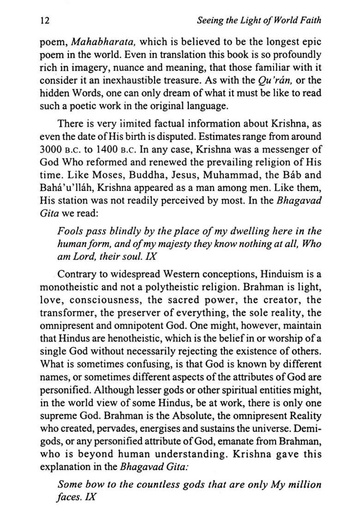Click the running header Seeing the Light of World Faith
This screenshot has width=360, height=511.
[x=258, y=21]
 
